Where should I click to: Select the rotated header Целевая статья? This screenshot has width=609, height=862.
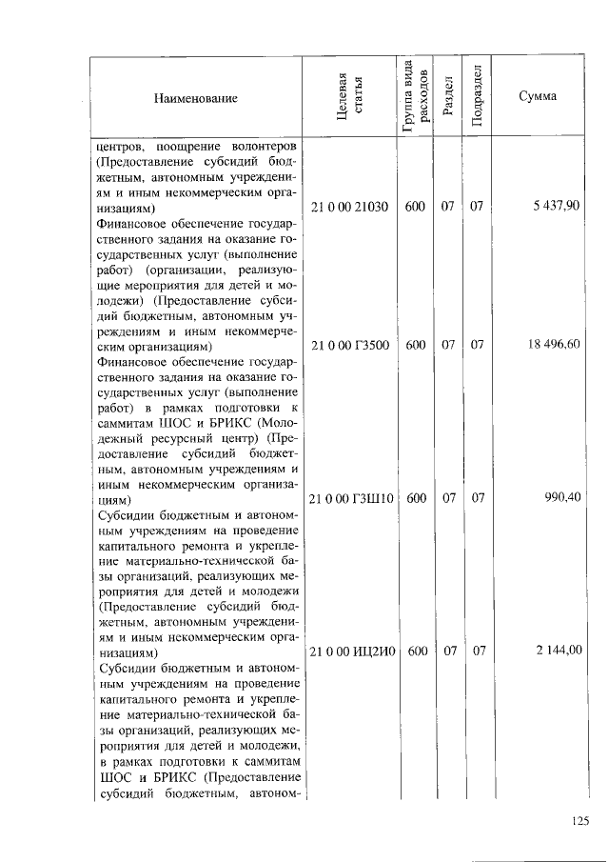349,97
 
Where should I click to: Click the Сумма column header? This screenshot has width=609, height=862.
538,97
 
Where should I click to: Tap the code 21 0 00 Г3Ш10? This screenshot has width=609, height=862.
351,497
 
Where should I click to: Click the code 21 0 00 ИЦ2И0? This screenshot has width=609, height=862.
352,652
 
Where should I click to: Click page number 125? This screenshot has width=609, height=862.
580,822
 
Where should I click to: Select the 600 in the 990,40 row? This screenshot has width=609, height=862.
415,497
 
